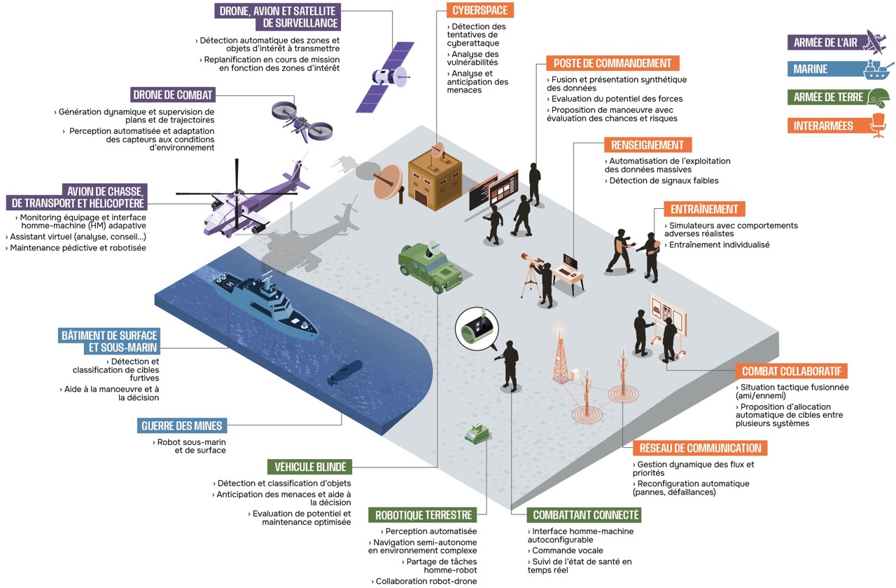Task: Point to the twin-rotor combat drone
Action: point(302,120)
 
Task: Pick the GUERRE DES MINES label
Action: point(182,425)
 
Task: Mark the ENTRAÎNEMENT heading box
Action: point(704,209)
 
